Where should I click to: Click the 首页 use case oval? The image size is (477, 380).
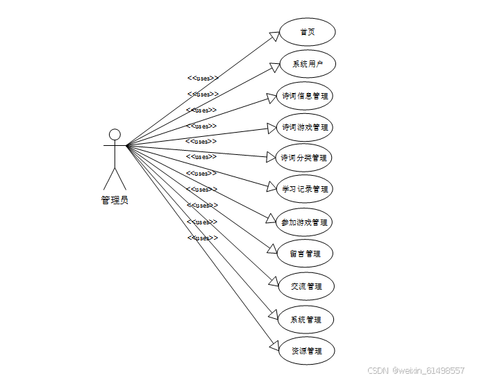point(307,32)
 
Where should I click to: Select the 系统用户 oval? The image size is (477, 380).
point(307,64)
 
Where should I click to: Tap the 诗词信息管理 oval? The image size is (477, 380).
point(305,96)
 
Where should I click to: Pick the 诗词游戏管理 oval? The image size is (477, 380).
point(305,128)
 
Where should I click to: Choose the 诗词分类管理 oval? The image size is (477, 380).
point(304,158)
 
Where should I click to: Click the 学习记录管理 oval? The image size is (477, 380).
point(305,188)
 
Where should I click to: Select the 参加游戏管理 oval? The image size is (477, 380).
point(304,222)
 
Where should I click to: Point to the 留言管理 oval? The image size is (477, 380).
point(305,254)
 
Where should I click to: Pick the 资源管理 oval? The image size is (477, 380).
point(306,351)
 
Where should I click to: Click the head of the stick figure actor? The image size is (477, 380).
point(115,134)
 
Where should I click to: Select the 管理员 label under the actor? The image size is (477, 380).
point(115,200)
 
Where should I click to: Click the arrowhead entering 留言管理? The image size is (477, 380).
point(271,248)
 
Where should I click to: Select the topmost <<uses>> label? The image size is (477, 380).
point(203,78)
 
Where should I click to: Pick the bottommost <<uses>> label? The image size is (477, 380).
point(203,238)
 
